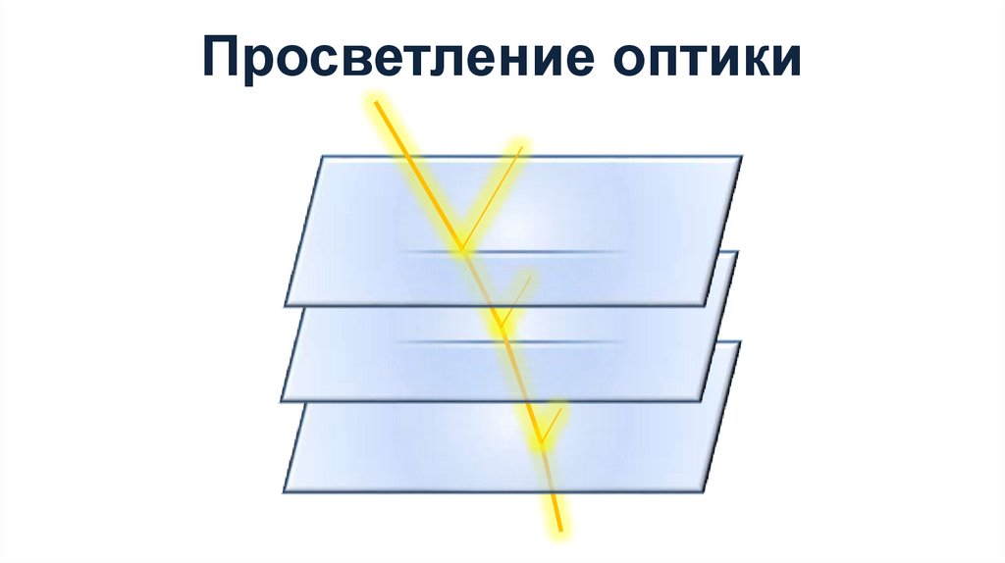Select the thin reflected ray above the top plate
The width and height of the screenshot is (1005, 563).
491,196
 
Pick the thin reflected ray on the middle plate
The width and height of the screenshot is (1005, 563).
516,300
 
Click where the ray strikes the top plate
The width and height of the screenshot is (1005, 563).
460,247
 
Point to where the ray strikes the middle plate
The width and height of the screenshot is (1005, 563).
502,326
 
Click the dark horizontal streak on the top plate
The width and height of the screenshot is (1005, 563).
515,253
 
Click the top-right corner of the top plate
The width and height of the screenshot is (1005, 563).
741,156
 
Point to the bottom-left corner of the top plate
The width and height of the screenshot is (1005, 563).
286,305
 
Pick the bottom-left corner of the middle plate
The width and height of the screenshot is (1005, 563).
281,400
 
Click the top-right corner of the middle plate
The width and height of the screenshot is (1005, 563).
738,252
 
